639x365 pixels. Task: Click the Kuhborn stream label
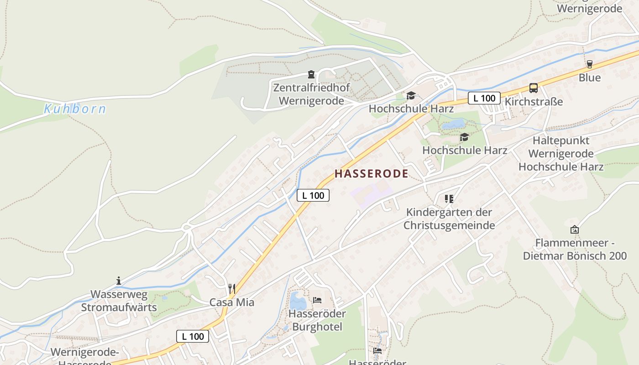[75, 109]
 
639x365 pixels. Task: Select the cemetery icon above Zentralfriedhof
[311, 74]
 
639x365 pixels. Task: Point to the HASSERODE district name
[372, 174]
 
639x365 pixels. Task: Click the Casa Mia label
[232, 302]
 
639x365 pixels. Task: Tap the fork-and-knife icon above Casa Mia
[232, 288]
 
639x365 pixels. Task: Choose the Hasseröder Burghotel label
[317, 320]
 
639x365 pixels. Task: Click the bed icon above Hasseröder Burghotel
[317, 300]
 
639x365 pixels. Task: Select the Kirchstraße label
[534, 101]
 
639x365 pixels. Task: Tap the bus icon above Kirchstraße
[534, 88]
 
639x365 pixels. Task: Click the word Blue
[590, 78]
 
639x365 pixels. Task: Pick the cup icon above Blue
[590, 64]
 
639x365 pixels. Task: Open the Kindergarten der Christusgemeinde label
[449, 219]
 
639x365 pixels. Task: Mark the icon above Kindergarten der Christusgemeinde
[449, 198]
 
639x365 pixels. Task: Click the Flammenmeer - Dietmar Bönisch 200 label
[575, 249]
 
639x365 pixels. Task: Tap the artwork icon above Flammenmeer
[575, 229]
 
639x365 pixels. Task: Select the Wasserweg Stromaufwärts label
[119, 301]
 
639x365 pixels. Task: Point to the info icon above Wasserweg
[119, 281]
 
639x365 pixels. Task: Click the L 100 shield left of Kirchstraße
[484, 98]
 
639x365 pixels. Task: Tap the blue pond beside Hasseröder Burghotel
[298, 301]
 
